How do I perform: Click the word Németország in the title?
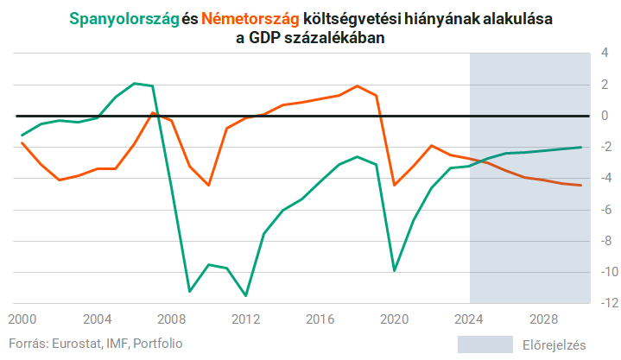click(x=250, y=19)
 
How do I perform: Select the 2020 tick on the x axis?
click(x=395, y=318)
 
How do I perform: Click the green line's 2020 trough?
click(x=395, y=271)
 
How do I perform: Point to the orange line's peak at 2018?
click(x=358, y=85)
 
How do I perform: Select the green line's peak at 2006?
click(x=134, y=83)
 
